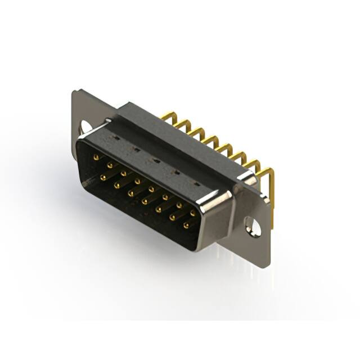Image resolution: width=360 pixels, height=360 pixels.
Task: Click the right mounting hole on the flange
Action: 255,227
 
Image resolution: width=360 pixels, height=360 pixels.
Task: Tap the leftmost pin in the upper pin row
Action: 96,158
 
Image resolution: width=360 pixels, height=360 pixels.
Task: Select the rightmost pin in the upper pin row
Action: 192,213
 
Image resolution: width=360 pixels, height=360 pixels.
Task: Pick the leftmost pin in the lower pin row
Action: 103,177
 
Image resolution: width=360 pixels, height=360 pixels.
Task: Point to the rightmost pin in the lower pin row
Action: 186,226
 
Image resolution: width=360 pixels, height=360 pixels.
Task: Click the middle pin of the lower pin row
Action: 145,201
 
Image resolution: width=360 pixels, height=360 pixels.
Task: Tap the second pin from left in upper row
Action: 110,165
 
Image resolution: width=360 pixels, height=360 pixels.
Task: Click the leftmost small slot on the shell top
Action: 115,137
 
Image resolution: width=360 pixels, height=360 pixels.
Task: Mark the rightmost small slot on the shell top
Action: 196,184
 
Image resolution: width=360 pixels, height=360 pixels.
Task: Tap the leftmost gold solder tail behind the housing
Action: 165,117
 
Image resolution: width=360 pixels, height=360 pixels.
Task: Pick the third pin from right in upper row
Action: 165,197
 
